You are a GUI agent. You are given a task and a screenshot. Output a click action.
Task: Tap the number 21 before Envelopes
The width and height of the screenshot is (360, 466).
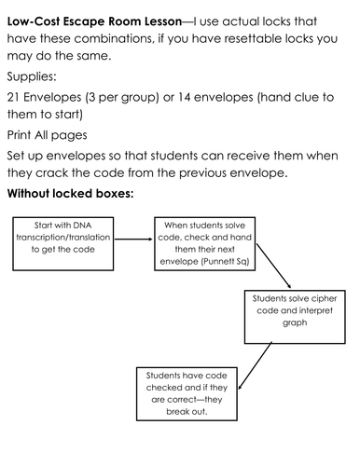tap(16, 98)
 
